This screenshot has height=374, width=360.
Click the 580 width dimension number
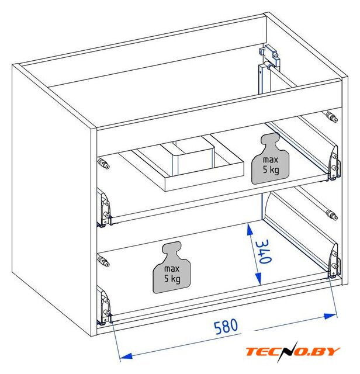click(226, 326)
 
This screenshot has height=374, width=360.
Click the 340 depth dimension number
click(264, 251)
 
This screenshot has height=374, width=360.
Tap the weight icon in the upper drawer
click(271, 158)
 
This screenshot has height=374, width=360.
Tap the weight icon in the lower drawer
click(172, 268)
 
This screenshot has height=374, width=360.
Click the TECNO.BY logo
click(293, 351)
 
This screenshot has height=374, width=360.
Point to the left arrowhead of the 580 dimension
click(126, 356)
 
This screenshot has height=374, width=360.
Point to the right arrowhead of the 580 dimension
click(330, 316)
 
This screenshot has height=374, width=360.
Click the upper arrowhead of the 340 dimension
click(250, 229)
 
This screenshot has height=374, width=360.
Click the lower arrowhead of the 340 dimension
click(258, 279)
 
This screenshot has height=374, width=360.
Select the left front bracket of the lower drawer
click(105, 306)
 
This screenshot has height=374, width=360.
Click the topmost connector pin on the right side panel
click(331, 117)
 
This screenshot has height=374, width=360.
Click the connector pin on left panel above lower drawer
click(103, 261)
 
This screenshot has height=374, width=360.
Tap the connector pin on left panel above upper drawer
click(103, 162)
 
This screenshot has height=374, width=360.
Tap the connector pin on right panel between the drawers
click(331, 215)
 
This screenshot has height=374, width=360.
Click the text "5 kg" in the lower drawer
click(172, 279)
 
